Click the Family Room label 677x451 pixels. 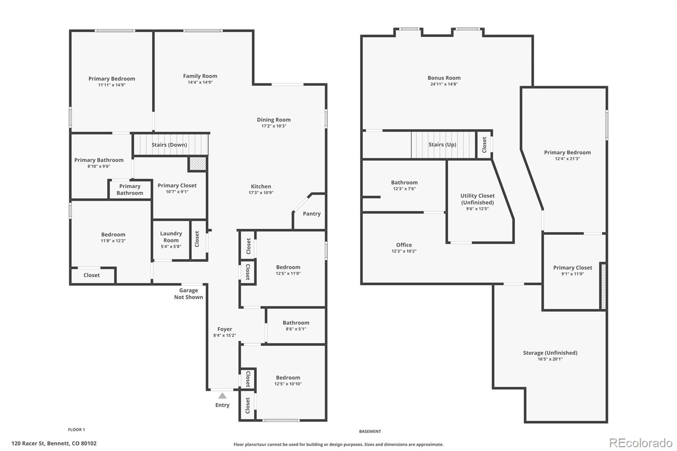click(x=200, y=76)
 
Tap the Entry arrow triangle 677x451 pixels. click(x=223, y=396)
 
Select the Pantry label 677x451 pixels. click(x=311, y=214)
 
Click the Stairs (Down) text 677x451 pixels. click(x=169, y=145)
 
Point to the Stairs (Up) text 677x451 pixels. click(x=442, y=145)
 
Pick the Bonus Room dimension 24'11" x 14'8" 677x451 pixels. click(x=444, y=84)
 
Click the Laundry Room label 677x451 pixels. click(x=171, y=237)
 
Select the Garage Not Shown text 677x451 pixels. click(x=189, y=294)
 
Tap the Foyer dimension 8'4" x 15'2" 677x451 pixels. click(x=225, y=335)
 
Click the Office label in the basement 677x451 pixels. click(x=404, y=245)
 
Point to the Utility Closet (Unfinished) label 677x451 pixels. click(x=478, y=199)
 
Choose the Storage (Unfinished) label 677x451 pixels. click(x=550, y=353)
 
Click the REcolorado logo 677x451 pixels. click(x=641, y=443)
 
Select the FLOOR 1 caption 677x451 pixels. click(x=77, y=429)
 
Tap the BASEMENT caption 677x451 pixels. click(x=370, y=432)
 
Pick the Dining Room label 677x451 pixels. click(x=274, y=120)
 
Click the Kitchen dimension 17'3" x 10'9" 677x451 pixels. click(x=261, y=192)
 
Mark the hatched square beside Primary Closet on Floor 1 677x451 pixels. click(x=198, y=164)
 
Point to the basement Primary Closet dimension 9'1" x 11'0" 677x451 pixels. click(x=573, y=274)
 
